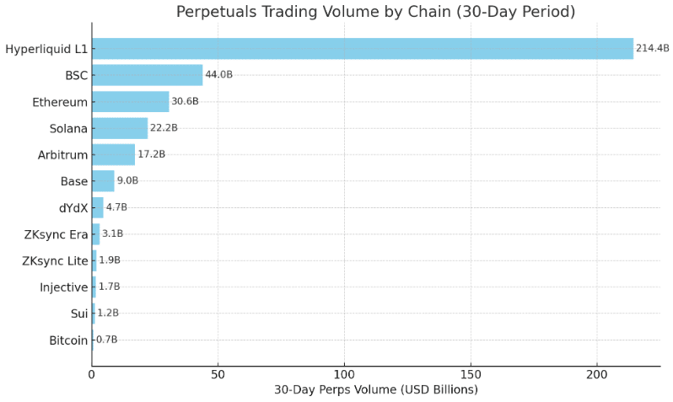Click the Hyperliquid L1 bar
[363, 49]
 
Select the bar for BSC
[147, 75]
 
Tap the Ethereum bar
[130, 102]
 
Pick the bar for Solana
[120, 128]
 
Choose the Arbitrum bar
[113, 154]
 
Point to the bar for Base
[103, 181]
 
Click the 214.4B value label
[652, 49]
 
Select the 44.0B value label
[218, 75]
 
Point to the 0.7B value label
[106, 340]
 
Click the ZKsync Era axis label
[56, 234]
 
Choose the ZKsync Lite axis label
[55, 261]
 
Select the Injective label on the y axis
[63, 287]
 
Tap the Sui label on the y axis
[78, 314]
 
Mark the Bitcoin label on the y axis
[68, 340]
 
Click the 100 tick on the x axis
[344, 373]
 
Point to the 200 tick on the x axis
[597, 373]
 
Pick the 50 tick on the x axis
[218, 373]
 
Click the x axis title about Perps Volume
[375, 389]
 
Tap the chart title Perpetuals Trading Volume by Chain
[375, 12]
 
